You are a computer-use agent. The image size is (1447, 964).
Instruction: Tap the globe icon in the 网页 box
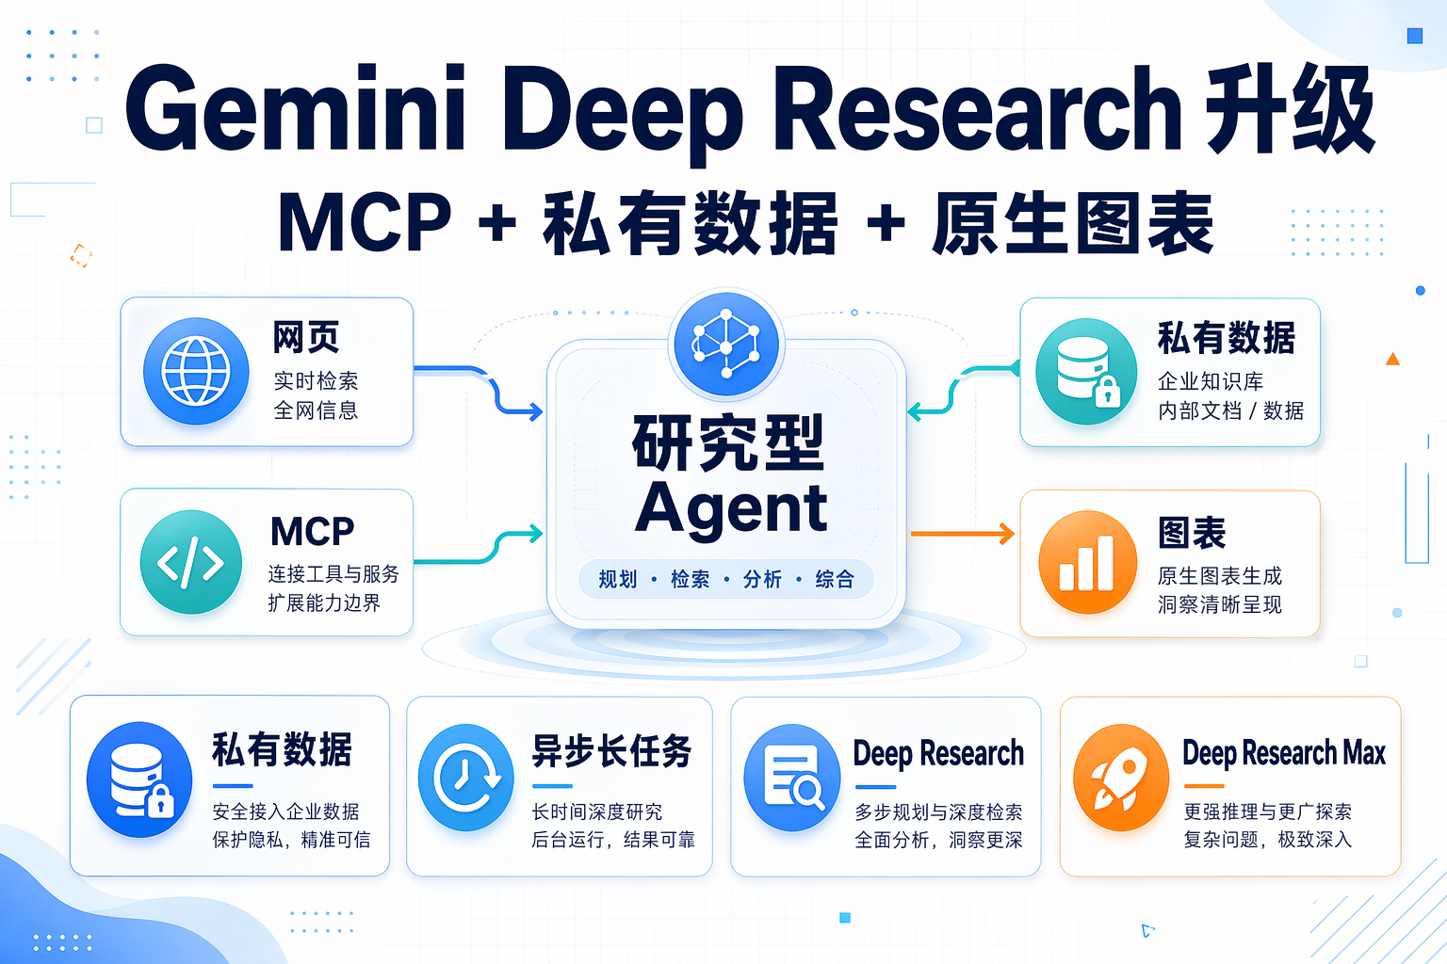tap(196, 371)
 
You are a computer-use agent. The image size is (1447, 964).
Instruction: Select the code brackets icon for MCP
tap(191, 562)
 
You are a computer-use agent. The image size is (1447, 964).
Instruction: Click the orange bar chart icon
tap(1087, 562)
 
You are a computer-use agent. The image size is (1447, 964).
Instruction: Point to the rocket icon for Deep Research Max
tap(1120, 779)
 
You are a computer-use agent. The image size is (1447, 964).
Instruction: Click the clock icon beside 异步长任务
tap(465, 779)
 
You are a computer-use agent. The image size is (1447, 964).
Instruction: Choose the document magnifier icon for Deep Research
tap(792, 779)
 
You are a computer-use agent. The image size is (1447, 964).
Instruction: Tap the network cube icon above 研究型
tap(725, 343)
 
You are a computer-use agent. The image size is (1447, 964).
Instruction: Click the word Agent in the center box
tap(731, 508)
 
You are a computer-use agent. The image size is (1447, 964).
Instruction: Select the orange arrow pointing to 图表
tap(962, 535)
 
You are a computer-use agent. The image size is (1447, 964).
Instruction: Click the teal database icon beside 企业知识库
tap(1086, 371)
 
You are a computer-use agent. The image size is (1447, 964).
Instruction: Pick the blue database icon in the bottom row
tap(139, 779)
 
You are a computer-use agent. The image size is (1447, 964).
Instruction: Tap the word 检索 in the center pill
tap(690, 579)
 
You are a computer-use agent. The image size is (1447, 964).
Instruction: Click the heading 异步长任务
tap(611, 751)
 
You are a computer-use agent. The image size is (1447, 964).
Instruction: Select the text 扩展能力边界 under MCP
tap(324, 602)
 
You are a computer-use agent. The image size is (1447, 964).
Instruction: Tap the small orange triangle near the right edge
tap(1392, 359)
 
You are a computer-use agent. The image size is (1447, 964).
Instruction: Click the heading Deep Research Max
tap(1283, 753)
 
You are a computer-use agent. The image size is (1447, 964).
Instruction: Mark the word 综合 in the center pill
tap(835, 579)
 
